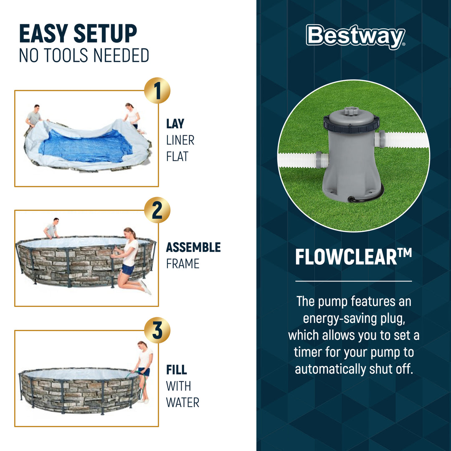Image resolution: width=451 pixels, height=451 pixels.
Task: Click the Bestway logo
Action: (x=355, y=37)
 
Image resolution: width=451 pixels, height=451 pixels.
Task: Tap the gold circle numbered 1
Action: (x=157, y=91)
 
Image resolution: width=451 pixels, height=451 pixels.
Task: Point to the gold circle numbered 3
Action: (x=157, y=330)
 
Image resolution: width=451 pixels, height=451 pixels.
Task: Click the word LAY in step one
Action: (x=175, y=124)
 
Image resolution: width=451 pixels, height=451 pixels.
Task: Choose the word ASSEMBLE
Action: (x=193, y=247)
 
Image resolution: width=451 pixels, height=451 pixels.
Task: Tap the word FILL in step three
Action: (x=176, y=370)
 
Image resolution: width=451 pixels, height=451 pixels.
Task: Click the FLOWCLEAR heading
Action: (x=353, y=257)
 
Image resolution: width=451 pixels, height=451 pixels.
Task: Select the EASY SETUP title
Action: (x=78, y=34)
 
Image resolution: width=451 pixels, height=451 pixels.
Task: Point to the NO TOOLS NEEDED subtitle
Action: (x=84, y=56)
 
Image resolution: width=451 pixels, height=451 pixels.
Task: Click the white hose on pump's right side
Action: (x=405, y=139)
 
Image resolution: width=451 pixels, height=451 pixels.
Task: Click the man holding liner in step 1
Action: (x=35, y=116)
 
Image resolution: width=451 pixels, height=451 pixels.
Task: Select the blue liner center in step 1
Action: (x=86, y=145)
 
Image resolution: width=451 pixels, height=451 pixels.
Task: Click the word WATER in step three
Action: (x=182, y=403)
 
